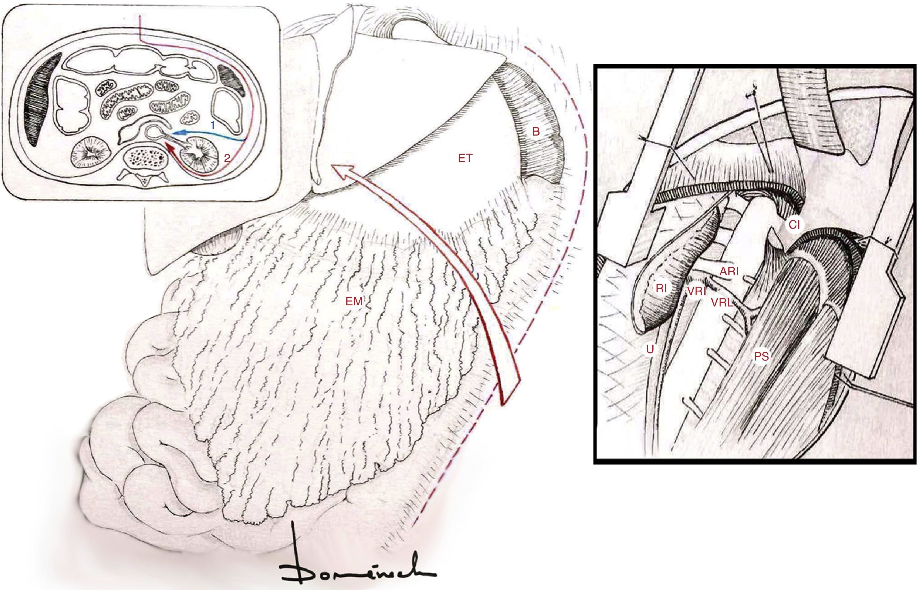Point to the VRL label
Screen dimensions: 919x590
(x=722, y=303)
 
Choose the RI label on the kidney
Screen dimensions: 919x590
(x=661, y=288)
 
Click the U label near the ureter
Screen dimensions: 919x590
(x=650, y=348)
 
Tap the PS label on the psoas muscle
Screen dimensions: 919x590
(x=761, y=357)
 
